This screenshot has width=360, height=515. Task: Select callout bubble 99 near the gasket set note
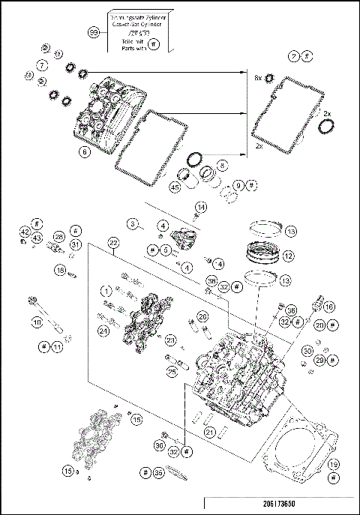pyautogui.click(x=94, y=33)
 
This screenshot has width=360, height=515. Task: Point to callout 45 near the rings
pyautogui.click(x=175, y=187)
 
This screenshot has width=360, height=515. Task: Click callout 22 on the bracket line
pyautogui.click(x=113, y=242)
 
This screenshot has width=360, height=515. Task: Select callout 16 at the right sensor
pyautogui.click(x=328, y=307)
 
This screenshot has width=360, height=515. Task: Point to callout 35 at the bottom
pyautogui.click(x=157, y=473)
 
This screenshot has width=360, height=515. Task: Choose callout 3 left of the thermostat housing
pyautogui.click(x=131, y=223)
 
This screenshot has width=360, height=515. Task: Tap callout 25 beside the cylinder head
pyautogui.click(x=172, y=370)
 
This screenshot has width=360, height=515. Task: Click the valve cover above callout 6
pyautogui.click(x=109, y=112)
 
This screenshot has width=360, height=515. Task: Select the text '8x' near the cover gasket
pyautogui.click(x=258, y=77)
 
